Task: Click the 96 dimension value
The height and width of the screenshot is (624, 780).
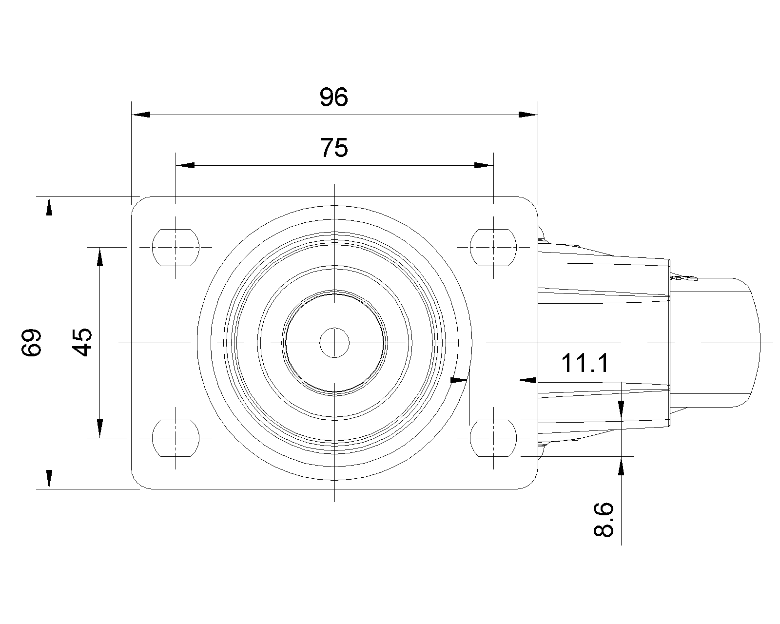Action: click(334, 97)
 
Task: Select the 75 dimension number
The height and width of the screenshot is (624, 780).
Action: click(334, 148)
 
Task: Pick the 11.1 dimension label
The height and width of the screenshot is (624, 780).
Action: click(585, 363)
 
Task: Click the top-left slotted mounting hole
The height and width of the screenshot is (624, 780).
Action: click(176, 247)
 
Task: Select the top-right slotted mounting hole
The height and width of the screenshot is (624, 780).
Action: click(493, 247)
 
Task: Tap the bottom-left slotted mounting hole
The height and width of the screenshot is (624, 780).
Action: click(176, 438)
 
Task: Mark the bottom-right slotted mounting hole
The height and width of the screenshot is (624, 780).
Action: click(493, 438)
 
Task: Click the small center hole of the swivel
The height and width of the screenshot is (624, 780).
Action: click(335, 342)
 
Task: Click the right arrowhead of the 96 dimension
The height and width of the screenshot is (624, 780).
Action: click(528, 115)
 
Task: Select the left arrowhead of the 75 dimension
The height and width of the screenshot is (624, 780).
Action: click(185, 166)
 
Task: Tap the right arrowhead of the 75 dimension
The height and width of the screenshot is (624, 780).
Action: click(484, 166)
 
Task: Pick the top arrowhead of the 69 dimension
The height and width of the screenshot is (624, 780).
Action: click(49, 206)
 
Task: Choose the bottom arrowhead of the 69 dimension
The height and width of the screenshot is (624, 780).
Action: click(49, 479)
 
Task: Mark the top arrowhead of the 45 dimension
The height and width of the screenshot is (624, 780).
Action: click(100, 256)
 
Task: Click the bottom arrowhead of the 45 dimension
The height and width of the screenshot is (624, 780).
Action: click(100, 429)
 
